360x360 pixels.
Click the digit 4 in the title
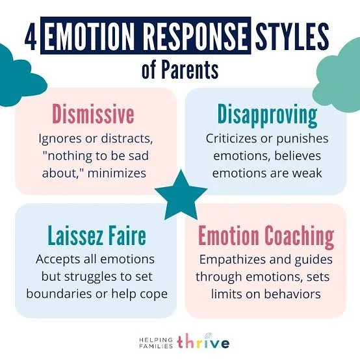[31, 38]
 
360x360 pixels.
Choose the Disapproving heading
[267, 116]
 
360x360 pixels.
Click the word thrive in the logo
[204, 341]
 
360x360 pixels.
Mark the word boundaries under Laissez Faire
[57, 293]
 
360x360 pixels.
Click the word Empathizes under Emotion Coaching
[232, 259]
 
